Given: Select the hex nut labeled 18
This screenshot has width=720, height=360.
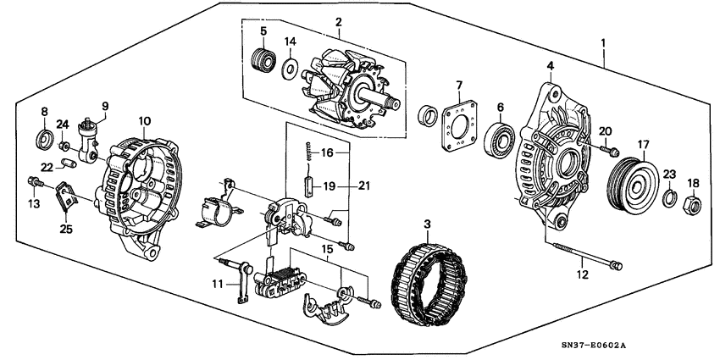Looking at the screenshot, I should point(692,203).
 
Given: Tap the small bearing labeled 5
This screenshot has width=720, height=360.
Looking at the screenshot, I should point(263,61).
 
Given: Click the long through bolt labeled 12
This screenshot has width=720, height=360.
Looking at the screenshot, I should point(584,255).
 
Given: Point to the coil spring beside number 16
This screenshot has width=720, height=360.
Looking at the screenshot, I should point(310,154).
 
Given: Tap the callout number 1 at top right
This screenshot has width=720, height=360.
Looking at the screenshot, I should point(604,42).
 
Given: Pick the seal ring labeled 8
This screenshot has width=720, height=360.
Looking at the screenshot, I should point(42,138).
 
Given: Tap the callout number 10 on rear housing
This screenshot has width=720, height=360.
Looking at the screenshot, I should point(145,121).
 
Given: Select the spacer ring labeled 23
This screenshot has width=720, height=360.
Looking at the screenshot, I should point(668,198).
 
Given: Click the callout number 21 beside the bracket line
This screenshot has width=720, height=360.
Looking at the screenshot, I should point(364,186).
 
